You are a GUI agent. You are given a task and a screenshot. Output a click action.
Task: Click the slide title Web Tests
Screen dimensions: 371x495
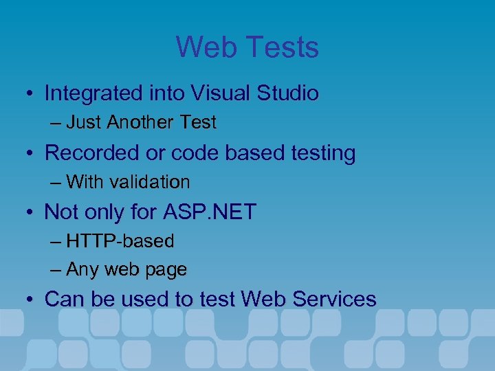coord(247,47)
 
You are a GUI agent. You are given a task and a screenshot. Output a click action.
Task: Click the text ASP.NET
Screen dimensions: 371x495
coord(210,212)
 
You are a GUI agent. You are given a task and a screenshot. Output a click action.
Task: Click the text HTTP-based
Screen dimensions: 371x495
coord(120,241)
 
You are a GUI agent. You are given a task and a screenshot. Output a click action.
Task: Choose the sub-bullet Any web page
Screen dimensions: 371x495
coord(126,270)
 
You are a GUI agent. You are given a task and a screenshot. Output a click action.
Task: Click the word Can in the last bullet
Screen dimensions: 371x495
coord(61,300)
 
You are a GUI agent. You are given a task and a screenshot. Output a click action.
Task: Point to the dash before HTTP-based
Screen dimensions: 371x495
coord(56,242)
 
